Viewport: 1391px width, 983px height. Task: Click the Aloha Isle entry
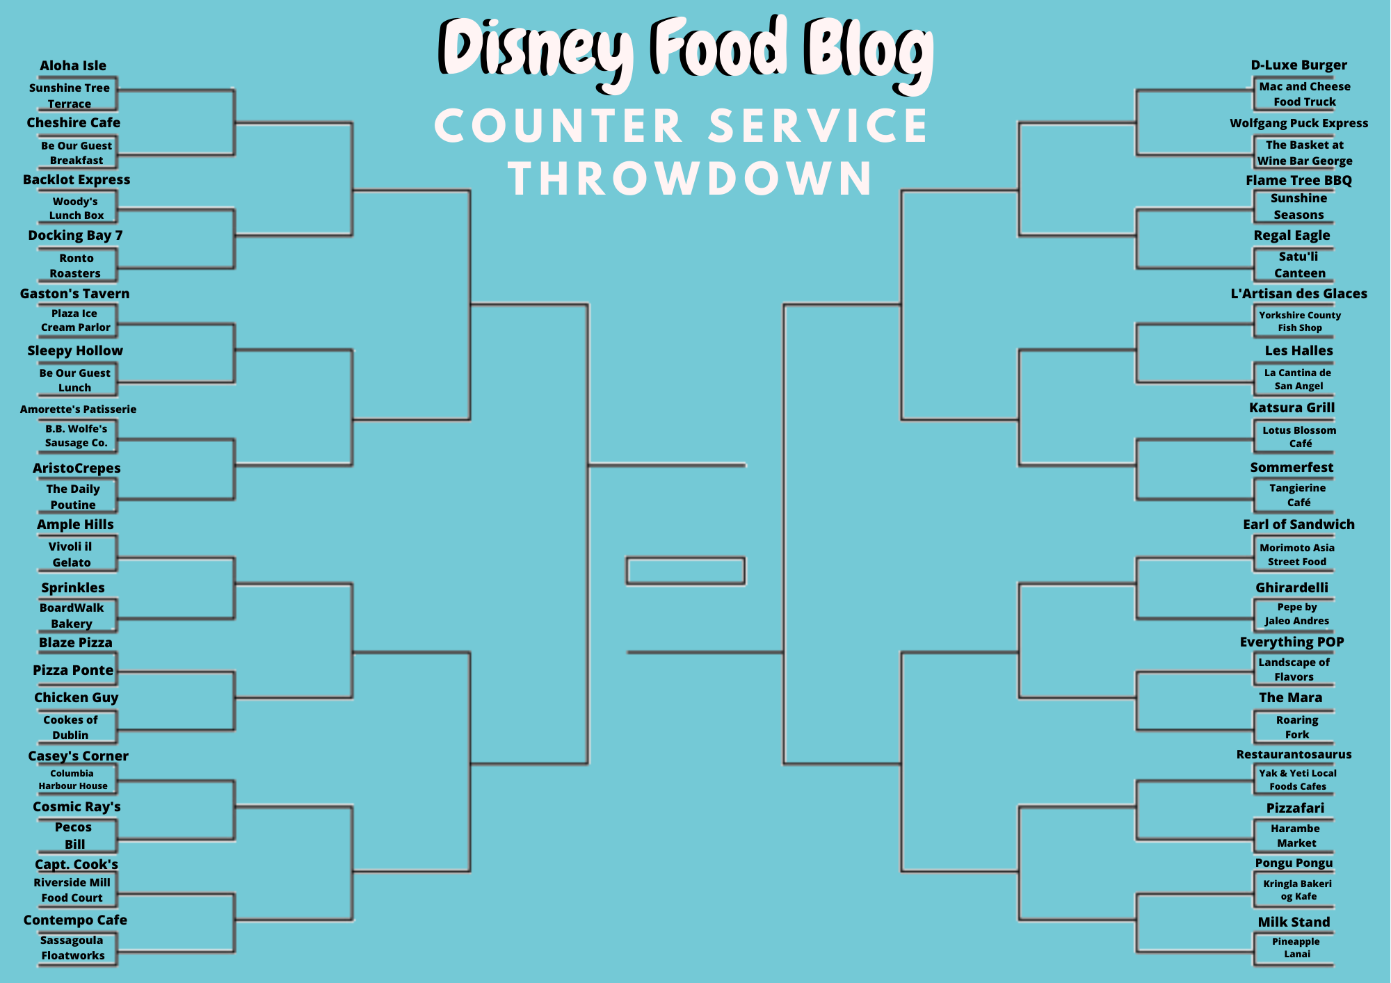tap(73, 66)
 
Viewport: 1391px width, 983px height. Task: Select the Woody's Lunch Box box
tap(77, 208)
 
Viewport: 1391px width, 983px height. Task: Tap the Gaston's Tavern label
tap(74, 293)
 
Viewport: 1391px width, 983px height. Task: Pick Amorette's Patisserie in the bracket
tap(78, 409)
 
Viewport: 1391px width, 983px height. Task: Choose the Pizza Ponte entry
tap(73, 670)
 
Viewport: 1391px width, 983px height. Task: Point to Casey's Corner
tap(78, 756)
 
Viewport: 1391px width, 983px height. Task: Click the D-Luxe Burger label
tap(1298, 65)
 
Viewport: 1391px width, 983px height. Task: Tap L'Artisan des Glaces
tap(1298, 293)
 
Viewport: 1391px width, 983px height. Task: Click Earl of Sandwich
tap(1298, 524)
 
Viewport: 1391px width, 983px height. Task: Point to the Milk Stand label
tap(1294, 922)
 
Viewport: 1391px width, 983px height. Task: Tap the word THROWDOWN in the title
tap(690, 179)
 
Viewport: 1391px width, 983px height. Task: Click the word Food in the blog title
tap(719, 47)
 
